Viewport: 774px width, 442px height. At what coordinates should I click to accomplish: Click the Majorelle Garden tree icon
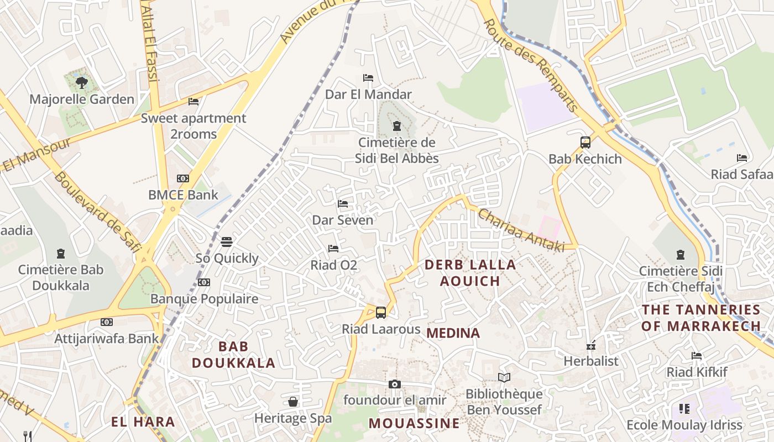[x=82, y=83]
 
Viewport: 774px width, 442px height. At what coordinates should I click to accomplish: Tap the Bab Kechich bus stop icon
[x=585, y=143]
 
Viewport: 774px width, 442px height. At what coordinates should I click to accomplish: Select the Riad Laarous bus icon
[x=381, y=313]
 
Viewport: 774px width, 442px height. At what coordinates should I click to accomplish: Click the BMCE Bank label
[x=183, y=195]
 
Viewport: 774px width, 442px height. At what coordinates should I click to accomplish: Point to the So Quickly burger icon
[x=227, y=242]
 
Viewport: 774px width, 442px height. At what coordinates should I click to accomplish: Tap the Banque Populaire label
[x=205, y=299]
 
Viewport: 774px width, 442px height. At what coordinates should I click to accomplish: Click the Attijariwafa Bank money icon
[x=107, y=322]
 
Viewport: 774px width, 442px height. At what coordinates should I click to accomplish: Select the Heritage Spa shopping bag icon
[x=293, y=402]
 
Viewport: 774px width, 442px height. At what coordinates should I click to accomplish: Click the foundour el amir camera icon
[x=395, y=384]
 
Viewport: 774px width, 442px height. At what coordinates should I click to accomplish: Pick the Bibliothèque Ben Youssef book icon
[x=504, y=378]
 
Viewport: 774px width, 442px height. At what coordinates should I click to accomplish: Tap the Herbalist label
[x=591, y=361]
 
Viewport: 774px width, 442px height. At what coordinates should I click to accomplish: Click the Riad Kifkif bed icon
[x=697, y=356]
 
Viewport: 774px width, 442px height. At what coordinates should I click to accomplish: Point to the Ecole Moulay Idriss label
[x=684, y=425]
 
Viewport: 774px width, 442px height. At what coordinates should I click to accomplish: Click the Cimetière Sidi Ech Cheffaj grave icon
[x=681, y=255]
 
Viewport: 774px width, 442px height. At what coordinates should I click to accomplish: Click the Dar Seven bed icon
[x=343, y=204]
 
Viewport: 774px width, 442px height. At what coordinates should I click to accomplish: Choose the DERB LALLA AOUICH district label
[x=470, y=273]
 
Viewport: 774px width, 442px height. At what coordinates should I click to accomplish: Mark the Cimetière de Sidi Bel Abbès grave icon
[x=396, y=126]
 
